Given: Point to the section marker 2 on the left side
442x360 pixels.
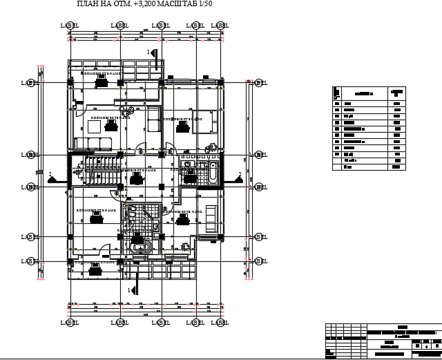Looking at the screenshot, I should [x=52, y=178].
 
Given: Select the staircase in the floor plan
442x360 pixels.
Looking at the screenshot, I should [x=97, y=170].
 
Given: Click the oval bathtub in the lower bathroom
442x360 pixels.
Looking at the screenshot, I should [x=142, y=247].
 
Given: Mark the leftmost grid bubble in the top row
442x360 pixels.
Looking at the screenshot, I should [x=70, y=26].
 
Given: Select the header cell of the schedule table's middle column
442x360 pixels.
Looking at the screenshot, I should [x=363, y=92].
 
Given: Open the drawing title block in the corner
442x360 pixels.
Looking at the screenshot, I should [x=383, y=340].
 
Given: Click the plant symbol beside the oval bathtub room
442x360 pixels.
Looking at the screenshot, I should [x=184, y=245].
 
